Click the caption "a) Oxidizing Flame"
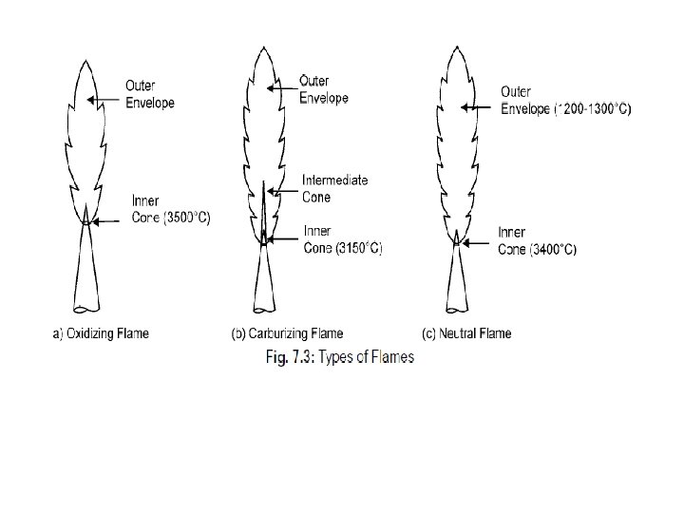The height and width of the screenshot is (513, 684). [x=100, y=333]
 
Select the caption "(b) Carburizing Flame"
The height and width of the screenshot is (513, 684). [x=288, y=333]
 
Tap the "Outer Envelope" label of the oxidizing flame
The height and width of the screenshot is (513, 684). [x=150, y=93]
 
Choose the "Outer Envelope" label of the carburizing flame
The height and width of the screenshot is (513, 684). [x=324, y=88]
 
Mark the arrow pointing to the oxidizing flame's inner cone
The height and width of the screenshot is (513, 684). [x=106, y=220]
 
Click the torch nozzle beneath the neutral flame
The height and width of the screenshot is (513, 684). [x=457, y=280]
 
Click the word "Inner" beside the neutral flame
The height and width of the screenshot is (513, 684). [x=513, y=232]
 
